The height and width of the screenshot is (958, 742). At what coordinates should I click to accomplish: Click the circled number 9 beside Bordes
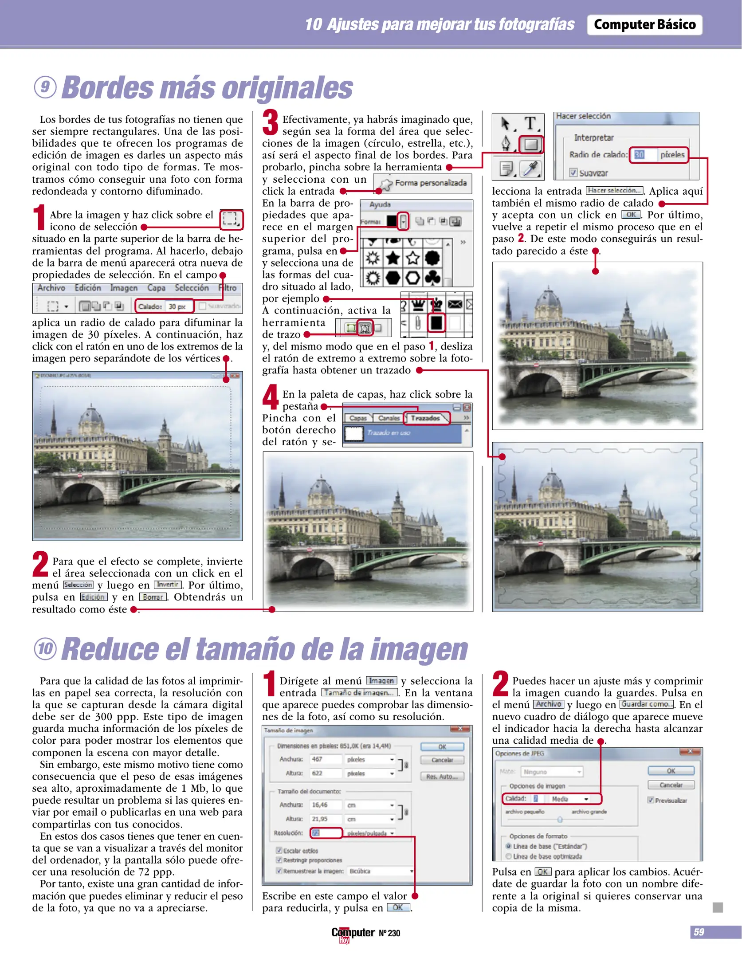click(x=45, y=87)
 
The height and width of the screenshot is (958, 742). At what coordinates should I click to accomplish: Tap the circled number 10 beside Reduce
click(x=45, y=649)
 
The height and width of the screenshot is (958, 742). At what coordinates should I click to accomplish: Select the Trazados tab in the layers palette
click(x=425, y=418)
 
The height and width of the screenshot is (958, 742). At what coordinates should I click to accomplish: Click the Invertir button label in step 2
click(x=168, y=585)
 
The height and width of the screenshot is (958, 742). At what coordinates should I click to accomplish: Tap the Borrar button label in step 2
click(x=153, y=597)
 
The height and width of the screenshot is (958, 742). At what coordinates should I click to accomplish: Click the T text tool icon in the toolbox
click(x=530, y=123)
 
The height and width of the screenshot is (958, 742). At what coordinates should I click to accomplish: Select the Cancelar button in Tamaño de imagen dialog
click(x=442, y=760)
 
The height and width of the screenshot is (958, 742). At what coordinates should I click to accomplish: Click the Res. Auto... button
click(x=442, y=777)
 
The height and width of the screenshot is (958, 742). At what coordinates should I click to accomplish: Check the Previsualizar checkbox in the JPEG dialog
click(x=651, y=800)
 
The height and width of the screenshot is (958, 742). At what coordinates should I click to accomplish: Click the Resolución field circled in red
click(x=326, y=833)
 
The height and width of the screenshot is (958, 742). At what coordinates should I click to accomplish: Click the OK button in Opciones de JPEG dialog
click(x=671, y=771)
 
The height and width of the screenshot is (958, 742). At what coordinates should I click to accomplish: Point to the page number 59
click(x=699, y=932)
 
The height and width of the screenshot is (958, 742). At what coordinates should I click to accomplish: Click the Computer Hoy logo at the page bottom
click(x=353, y=934)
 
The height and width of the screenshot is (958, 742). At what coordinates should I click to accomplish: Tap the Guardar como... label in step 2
click(x=647, y=704)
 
